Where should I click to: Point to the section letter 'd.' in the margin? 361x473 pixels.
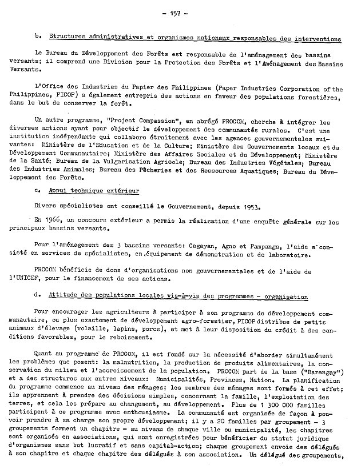pyautogui.click(x=38, y=296)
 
